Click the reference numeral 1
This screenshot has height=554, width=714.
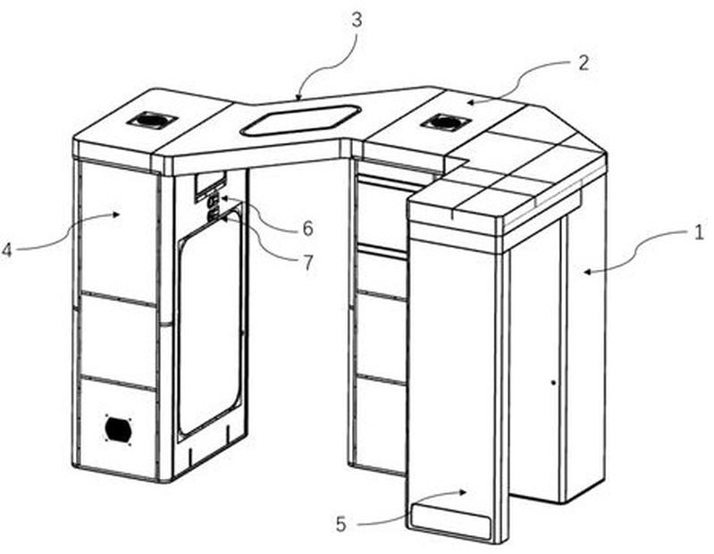(699, 233)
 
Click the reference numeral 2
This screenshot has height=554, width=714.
(584, 63)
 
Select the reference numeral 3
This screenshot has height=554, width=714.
(357, 20)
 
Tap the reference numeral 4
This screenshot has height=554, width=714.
(6, 249)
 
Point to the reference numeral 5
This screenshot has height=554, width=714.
(341, 524)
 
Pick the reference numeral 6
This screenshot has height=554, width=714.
(308, 228)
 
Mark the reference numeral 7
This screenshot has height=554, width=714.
(308, 262)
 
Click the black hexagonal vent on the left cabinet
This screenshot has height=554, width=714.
(118, 428)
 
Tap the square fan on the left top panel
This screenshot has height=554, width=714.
(151, 119)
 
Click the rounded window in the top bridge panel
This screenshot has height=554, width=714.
(301, 120)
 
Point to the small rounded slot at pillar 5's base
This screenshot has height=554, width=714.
(449, 519)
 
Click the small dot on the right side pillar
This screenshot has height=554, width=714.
(554, 382)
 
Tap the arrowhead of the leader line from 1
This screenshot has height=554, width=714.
(586, 272)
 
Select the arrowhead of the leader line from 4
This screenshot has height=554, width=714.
(117, 214)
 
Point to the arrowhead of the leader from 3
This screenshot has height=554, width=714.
(298, 97)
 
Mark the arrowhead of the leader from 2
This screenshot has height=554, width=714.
(469, 103)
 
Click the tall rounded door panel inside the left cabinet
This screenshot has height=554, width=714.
(210, 322)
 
